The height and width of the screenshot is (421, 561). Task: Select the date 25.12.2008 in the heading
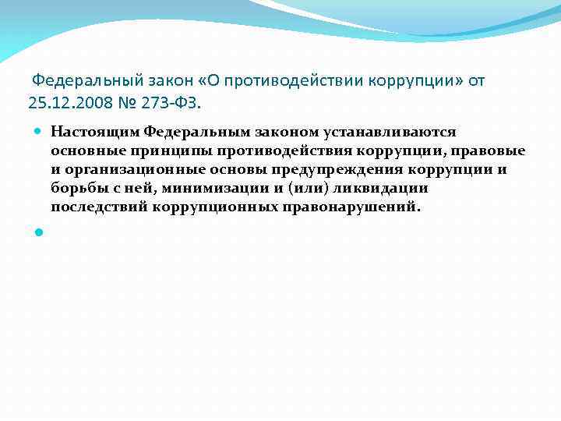[60, 101]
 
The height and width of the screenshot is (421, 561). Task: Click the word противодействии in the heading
[292, 81]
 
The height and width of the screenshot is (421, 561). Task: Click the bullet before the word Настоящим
[39, 133]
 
